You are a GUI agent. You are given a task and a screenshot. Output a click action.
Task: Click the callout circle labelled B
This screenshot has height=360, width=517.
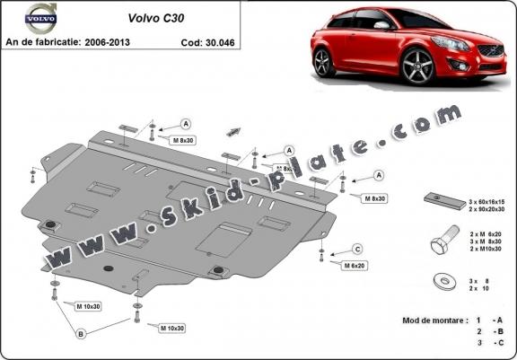tap(83, 335)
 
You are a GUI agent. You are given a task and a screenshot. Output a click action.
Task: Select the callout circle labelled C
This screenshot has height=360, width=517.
tap(357, 249)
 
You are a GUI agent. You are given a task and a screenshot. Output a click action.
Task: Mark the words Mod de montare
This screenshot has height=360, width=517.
tap(428, 320)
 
